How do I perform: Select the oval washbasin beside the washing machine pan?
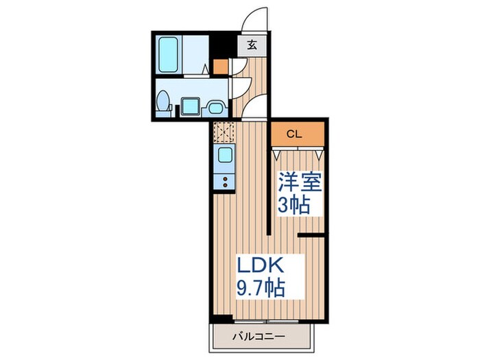point(215,106)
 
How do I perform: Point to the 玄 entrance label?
point(252,46)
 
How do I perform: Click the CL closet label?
point(293,134)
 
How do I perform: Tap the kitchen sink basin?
point(225,156)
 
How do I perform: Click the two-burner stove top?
point(225,181)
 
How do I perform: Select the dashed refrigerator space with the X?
point(224,130)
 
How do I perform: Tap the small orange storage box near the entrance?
point(219,67)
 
